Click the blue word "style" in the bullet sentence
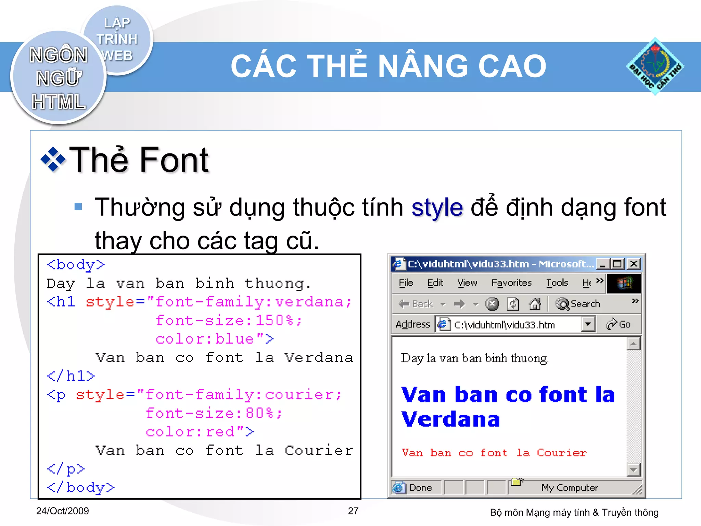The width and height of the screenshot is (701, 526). (437, 208)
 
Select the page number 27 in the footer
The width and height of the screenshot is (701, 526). (353, 511)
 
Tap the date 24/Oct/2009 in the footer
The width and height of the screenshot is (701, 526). (62, 511)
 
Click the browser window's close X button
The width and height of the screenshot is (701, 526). (634, 264)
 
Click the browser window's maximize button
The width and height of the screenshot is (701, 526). (617, 264)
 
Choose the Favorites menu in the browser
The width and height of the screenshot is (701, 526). (511, 283)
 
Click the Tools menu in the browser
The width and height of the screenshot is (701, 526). (557, 283)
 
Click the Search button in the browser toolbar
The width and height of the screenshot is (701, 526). (578, 304)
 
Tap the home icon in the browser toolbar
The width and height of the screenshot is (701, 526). (535, 304)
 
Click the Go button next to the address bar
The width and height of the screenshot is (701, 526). (619, 324)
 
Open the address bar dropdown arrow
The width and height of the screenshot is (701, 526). (588, 324)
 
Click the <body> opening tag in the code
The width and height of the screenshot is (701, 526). (76, 265)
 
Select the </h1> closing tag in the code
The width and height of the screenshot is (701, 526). (71, 376)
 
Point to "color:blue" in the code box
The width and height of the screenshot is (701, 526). (204, 339)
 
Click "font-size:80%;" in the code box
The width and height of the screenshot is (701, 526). (214, 413)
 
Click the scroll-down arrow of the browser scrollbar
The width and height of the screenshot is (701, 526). (633, 469)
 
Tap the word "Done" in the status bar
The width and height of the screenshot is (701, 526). (420, 488)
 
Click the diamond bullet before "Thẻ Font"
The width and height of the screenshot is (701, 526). (53, 159)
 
